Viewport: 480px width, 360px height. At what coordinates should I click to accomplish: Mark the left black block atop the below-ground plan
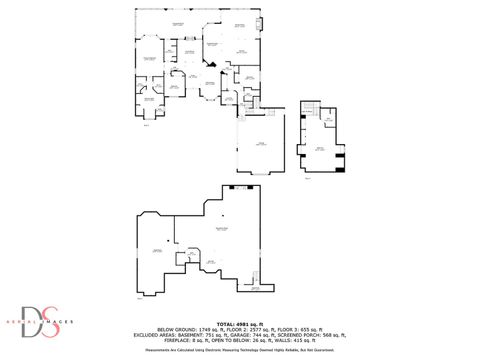pyautogui.click(x=231, y=188)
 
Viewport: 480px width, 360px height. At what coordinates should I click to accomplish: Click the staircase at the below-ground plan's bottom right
pyautogui.click(x=255, y=288)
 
